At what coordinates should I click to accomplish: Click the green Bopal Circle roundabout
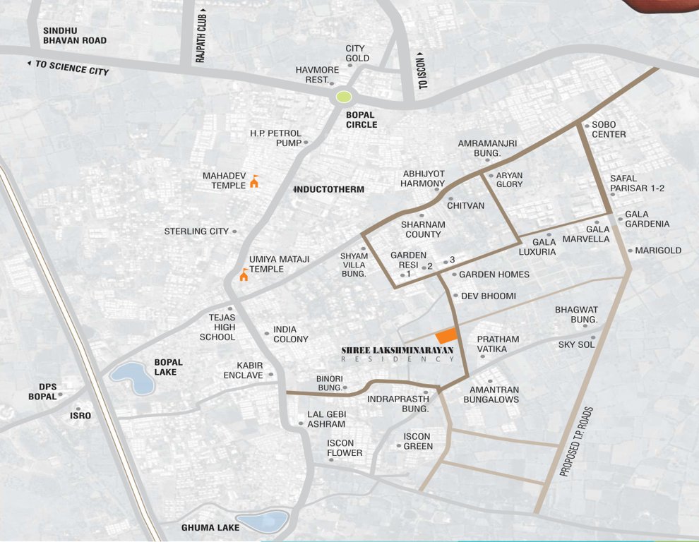(344, 97)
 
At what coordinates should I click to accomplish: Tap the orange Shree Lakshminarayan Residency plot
(446, 336)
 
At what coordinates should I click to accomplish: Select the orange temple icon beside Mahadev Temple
(254, 182)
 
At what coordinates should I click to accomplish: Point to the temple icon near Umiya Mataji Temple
(244, 275)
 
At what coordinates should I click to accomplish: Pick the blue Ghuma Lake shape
(262, 522)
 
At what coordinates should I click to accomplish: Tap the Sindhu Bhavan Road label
(75, 35)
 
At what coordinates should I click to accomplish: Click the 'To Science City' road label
(68, 68)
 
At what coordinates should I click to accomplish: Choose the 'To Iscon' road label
(423, 71)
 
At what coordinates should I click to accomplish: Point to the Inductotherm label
(329, 190)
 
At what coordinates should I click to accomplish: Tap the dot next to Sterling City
(234, 231)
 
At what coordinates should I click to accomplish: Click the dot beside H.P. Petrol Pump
(306, 143)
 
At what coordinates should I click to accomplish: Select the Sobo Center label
(609, 130)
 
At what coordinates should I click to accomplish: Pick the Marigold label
(658, 251)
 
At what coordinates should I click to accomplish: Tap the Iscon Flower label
(345, 448)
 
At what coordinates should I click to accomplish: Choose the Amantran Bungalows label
(491, 395)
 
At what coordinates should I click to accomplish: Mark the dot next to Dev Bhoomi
(455, 296)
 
